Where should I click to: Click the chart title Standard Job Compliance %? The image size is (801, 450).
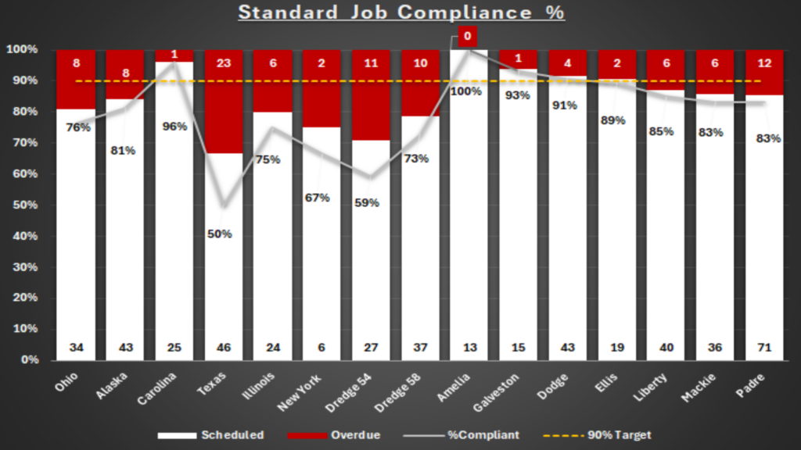tap(400, 12)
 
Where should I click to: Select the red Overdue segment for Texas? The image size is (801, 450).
tap(224, 109)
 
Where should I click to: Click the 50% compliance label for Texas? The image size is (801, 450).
tap(220, 234)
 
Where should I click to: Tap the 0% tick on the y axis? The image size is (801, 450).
tap(24, 360)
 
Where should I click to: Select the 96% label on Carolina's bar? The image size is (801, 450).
tap(175, 126)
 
